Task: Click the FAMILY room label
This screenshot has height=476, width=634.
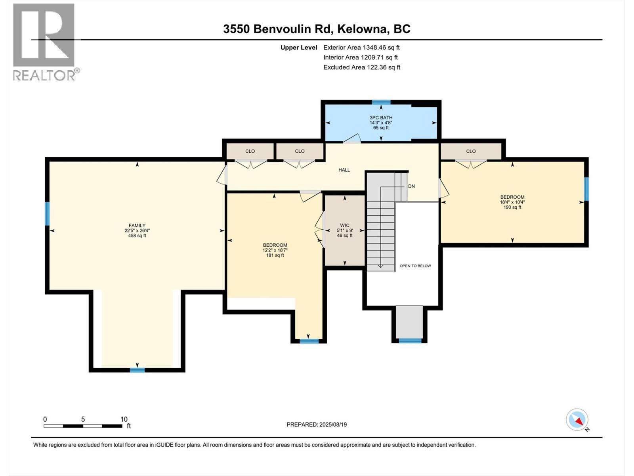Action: click(x=137, y=225)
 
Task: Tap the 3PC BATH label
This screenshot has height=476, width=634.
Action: click(x=381, y=118)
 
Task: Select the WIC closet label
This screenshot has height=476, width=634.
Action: click(x=344, y=225)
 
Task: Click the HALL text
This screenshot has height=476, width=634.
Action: click(x=344, y=170)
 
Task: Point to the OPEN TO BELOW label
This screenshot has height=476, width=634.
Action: click(x=415, y=266)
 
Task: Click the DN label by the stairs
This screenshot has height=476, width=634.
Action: click(x=411, y=186)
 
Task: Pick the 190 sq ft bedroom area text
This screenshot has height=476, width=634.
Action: click(x=512, y=207)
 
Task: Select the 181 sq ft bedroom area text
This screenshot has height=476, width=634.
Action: click(x=275, y=255)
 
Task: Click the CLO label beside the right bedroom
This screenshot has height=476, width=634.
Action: click(x=471, y=151)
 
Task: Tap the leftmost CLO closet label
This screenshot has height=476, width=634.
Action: click(x=250, y=151)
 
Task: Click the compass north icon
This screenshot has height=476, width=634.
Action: click(x=577, y=420)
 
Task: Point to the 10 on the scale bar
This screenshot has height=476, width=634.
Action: click(x=124, y=419)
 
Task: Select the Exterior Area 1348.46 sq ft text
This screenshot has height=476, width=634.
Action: click(x=361, y=47)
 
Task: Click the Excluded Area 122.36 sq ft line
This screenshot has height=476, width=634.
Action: click(x=361, y=67)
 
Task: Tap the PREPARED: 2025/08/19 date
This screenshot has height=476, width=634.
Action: click(x=317, y=424)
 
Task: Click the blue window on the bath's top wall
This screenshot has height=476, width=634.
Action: click(x=381, y=102)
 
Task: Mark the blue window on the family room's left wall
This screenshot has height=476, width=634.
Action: click(x=47, y=214)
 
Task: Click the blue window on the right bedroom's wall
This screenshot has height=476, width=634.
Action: click(x=586, y=189)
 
